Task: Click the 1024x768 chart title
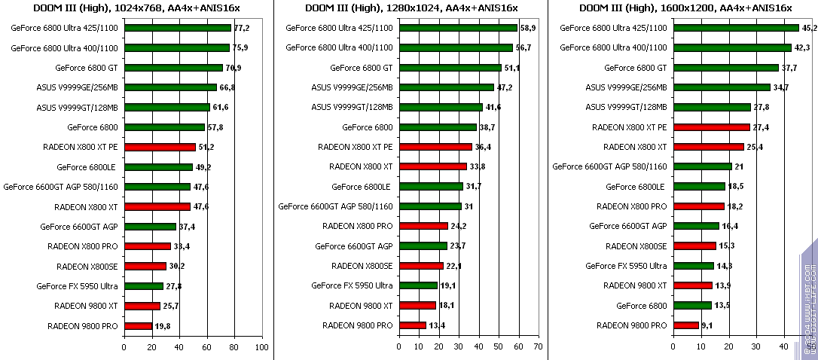[136, 8]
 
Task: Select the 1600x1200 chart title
[685, 8]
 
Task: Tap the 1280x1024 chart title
[411, 8]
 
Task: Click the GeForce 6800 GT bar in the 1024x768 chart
[173, 68]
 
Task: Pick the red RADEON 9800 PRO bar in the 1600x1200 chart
[686, 325]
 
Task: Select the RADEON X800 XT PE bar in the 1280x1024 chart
[435, 147]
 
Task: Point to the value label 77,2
[241, 28]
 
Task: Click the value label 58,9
[527, 28]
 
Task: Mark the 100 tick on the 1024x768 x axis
[261, 347]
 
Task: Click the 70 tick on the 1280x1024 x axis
[537, 347]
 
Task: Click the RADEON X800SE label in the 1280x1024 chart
[362, 266]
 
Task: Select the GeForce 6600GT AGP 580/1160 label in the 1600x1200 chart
[610, 166]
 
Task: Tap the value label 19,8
[163, 326]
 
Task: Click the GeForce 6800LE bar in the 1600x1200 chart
[700, 187]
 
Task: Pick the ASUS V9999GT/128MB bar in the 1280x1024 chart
[441, 107]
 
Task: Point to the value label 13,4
[438, 326]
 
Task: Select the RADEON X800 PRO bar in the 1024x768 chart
[148, 246]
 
